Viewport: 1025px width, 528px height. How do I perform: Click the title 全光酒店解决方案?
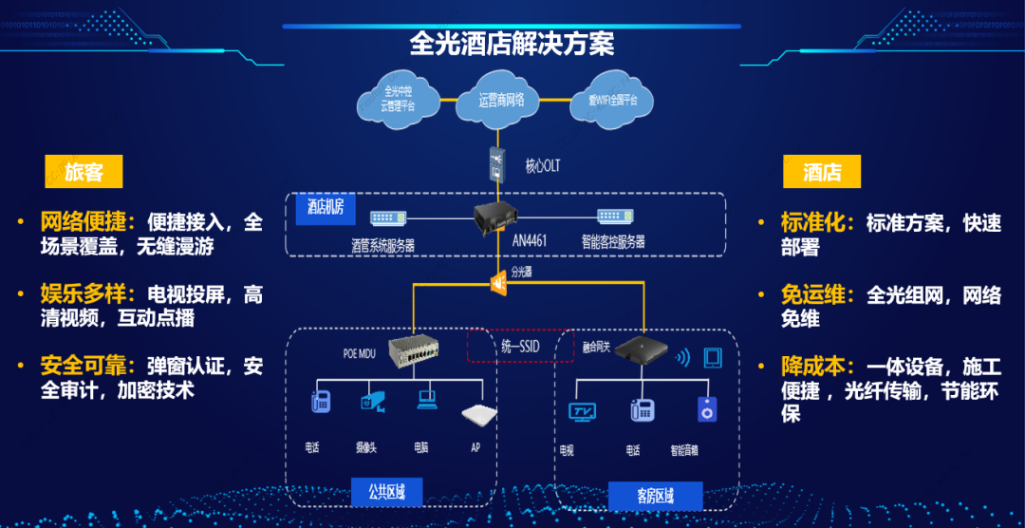pos(512,44)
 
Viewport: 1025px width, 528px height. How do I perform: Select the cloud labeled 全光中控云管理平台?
pos(399,100)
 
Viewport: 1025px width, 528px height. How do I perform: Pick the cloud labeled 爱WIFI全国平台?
pos(613,100)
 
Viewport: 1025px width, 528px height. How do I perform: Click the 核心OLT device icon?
pos(497,163)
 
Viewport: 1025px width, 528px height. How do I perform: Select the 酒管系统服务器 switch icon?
pos(387,217)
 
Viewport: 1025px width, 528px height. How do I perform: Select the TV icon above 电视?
pos(581,410)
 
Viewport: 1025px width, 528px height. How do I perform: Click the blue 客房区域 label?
pos(655,496)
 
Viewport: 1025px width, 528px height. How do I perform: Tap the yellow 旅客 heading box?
pos(84,172)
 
